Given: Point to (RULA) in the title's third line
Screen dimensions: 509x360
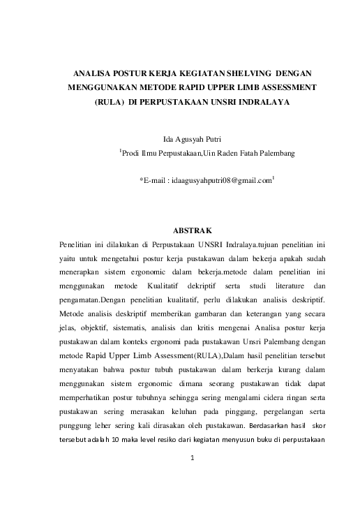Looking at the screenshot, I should pos(109,102).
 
